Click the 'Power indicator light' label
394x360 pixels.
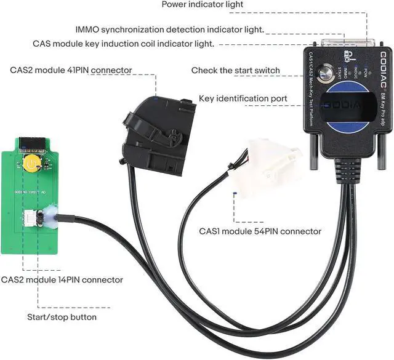pos(203,5)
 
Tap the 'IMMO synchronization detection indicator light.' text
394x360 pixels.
pos(170,29)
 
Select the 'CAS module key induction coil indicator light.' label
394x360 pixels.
pos(123,44)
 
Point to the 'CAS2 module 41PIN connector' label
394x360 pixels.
pos(70,70)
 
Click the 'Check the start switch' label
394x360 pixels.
pos(235,70)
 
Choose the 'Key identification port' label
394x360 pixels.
pos(243,98)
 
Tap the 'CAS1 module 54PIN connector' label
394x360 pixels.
pos(260,231)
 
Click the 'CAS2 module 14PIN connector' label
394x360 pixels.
pos(62,280)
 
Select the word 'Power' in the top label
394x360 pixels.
pos(175,5)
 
